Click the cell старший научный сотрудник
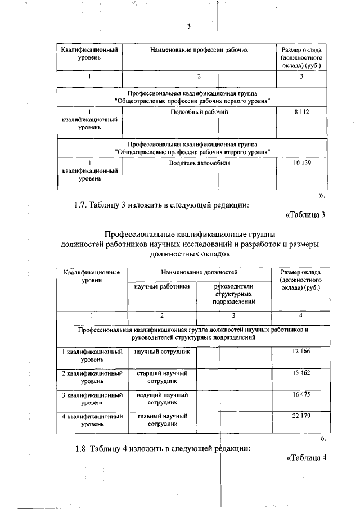[x=162, y=377]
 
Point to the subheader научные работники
[x=162, y=286]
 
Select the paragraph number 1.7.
[x=75, y=205]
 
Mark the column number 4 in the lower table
[x=301, y=316]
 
